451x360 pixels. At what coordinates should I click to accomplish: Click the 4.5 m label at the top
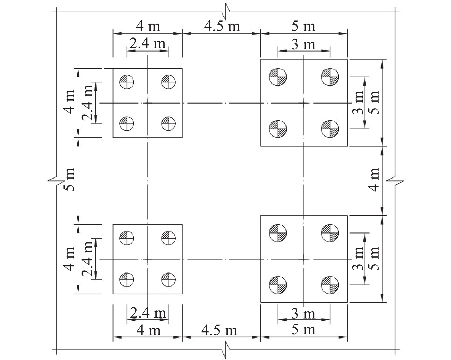tap(222, 26)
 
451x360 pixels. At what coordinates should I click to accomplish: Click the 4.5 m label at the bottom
tap(219, 331)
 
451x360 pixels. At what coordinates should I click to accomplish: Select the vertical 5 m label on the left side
tap(69, 179)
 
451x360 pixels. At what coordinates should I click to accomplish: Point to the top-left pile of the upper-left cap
tap(127, 82)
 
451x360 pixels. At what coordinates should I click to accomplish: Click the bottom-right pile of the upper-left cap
tap(168, 124)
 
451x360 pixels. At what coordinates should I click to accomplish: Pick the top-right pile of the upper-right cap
tap(330, 77)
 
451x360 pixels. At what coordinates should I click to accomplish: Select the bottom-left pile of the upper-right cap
tap(278, 129)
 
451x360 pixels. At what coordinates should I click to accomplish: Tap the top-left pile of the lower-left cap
tap(127, 238)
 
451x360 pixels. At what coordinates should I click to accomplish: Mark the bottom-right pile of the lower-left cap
tap(168, 280)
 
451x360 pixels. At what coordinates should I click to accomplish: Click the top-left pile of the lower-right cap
tap(278, 233)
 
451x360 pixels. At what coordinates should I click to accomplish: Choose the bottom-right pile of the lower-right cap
tap(330, 285)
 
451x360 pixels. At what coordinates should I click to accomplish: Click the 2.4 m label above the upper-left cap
tap(147, 43)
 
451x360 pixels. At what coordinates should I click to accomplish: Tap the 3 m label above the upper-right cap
tap(303, 45)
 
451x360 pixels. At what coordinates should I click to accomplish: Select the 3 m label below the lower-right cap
tap(303, 314)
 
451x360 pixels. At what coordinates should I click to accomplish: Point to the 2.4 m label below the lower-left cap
tap(148, 313)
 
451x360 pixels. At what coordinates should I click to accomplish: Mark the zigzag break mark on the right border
tap(395, 181)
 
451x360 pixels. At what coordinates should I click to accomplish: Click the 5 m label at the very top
tap(303, 27)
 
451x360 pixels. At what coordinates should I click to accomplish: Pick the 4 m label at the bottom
tap(148, 331)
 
